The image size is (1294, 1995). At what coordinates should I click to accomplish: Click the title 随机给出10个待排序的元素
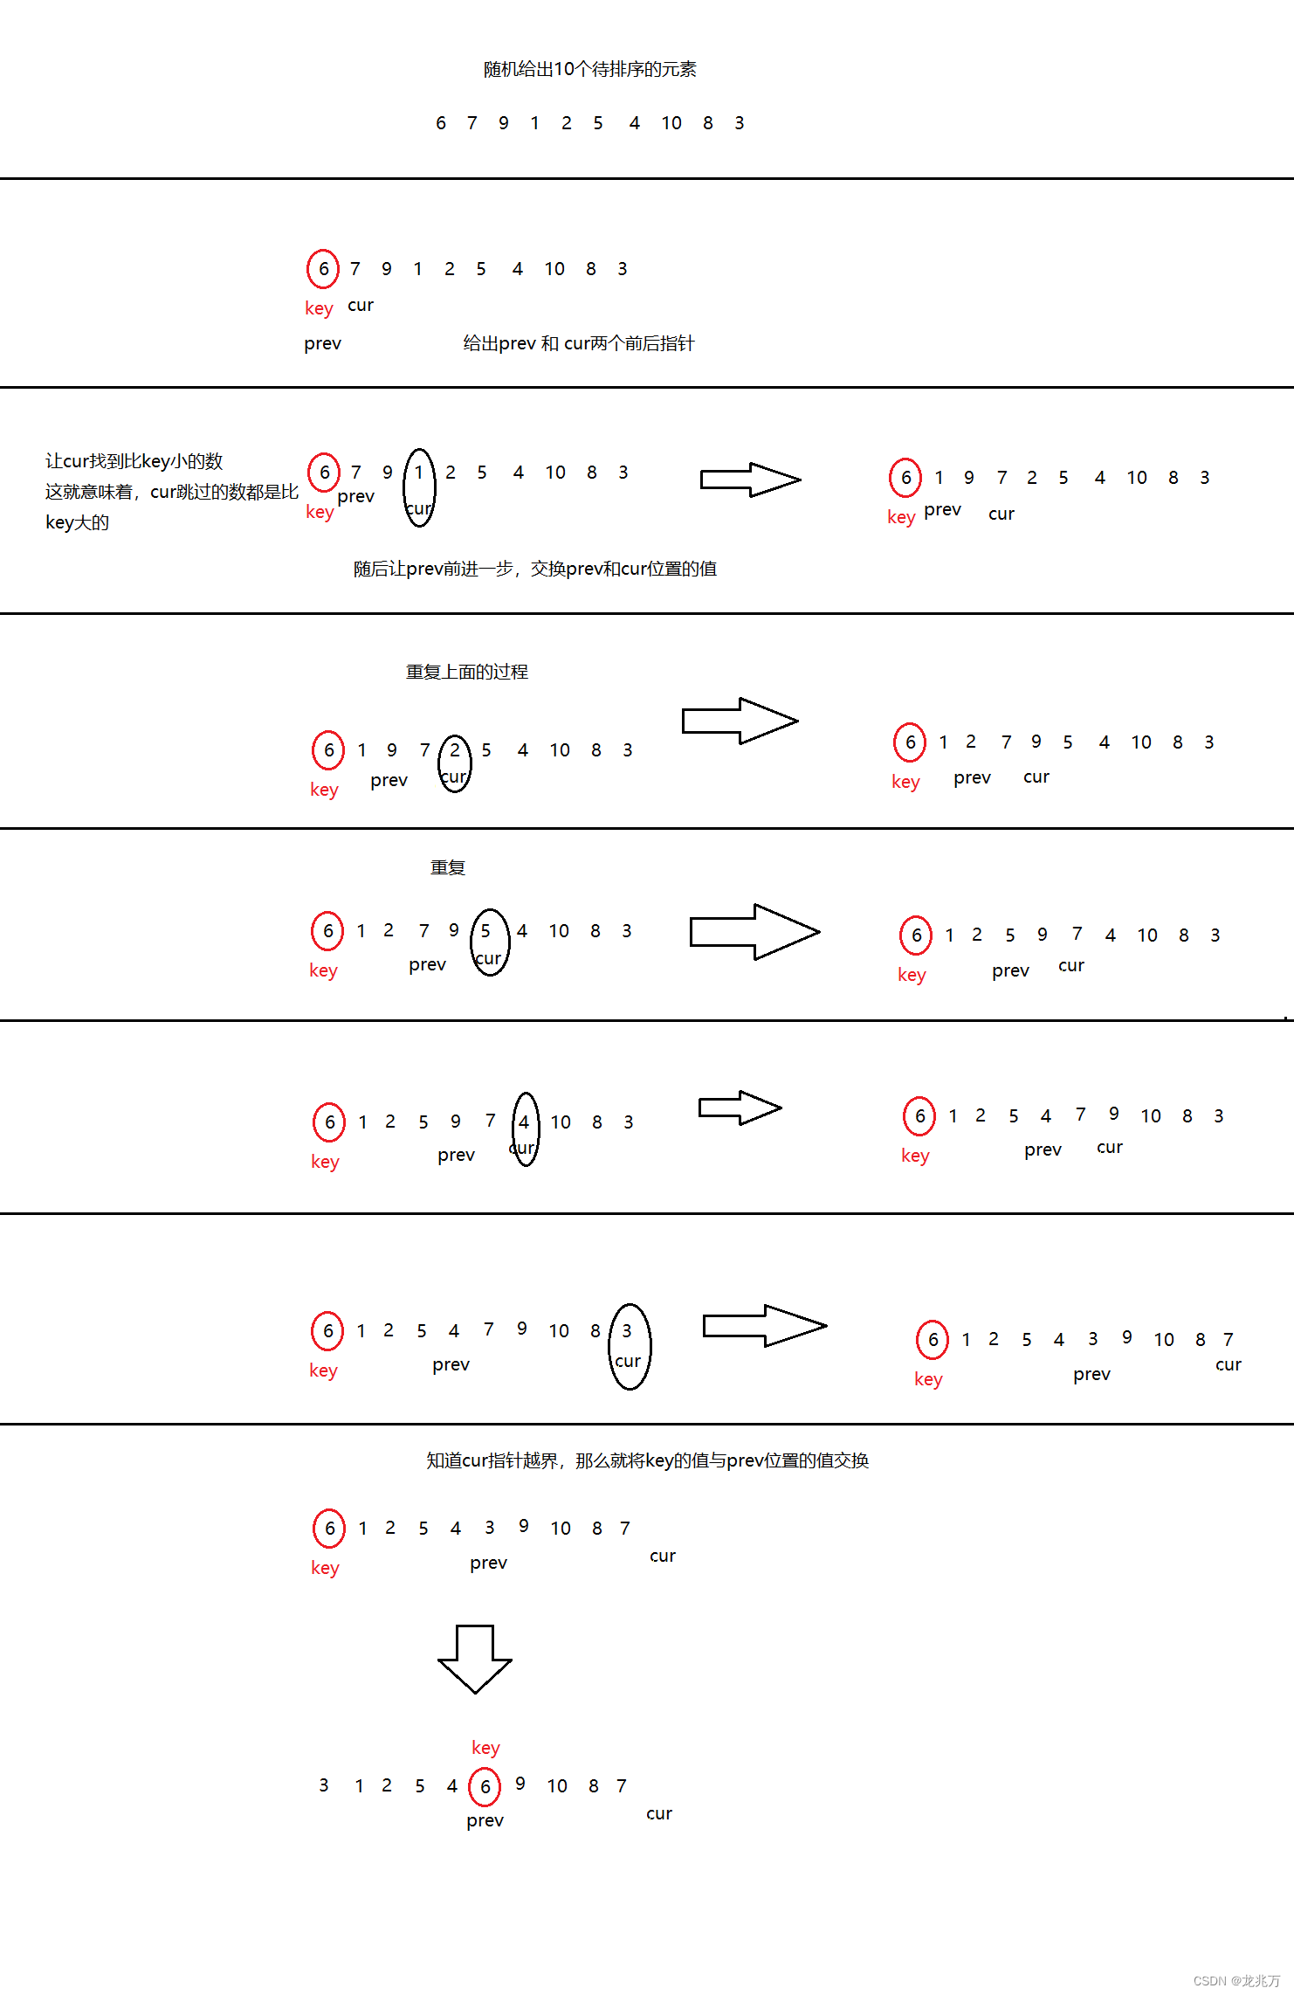coord(589,69)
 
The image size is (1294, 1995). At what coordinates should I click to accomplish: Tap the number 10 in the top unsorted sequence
coord(671,123)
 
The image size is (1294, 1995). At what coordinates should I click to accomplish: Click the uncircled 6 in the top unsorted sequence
coord(441,123)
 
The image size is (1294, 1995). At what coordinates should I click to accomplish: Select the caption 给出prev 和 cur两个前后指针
coord(578,343)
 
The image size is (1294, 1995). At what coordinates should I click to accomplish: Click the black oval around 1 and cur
coord(419,487)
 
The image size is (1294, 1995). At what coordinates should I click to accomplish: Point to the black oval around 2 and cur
coord(454,763)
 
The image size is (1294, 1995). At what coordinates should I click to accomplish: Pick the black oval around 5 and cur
coord(489,942)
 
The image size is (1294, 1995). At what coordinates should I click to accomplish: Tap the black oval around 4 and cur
coord(525,1129)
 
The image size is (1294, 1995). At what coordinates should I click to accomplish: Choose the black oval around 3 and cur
coord(629,1346)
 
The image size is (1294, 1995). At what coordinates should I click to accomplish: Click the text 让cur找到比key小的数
coord(134,461)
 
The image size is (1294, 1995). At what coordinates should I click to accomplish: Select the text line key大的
coord(77,522)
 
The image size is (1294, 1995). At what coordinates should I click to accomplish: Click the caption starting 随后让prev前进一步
coord(534,569)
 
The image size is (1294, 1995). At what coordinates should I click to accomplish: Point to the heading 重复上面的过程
coord(466,672)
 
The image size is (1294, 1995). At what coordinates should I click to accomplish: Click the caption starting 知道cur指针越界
coord(647,1460)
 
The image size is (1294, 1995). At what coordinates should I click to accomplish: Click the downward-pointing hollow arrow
coord(474,1658)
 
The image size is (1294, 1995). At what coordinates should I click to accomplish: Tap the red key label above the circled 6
coord(485,1747)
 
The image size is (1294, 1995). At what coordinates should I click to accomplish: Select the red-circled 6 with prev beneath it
coord(485,1786)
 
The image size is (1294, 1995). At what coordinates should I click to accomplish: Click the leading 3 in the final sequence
coord(324,1785)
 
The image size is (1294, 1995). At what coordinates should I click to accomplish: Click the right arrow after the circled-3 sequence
coord(764,1326)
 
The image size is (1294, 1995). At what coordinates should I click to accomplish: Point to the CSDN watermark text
coord(1235,1981)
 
